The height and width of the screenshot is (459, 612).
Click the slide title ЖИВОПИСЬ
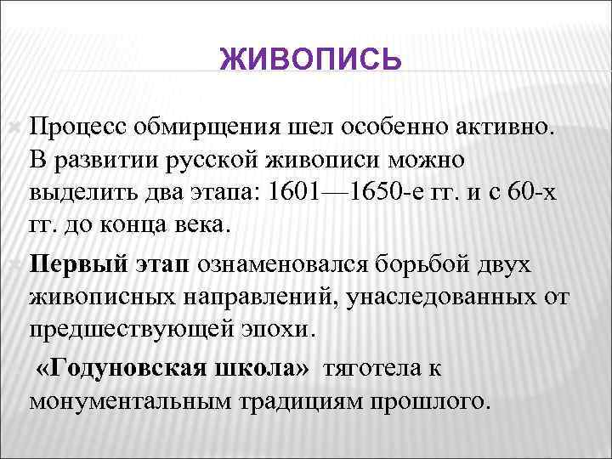[x=309, y=60]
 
